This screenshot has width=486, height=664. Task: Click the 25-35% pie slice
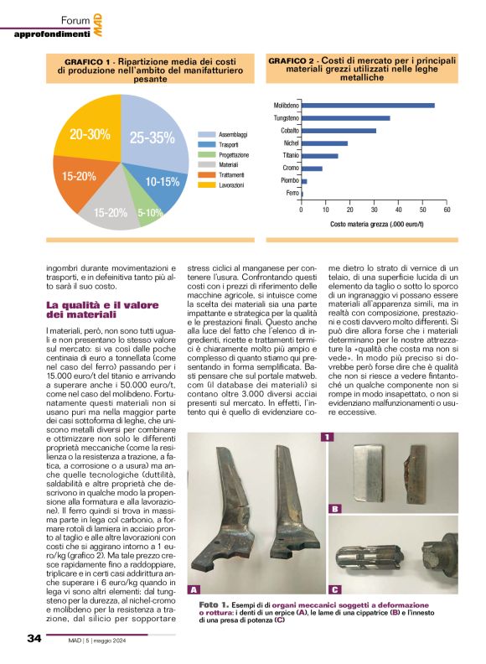(x=151, y=139)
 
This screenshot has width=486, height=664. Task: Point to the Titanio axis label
(x=291, y=156)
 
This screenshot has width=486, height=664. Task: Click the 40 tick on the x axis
(x=398, y=210)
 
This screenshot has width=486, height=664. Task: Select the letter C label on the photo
(x=335, y=589)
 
